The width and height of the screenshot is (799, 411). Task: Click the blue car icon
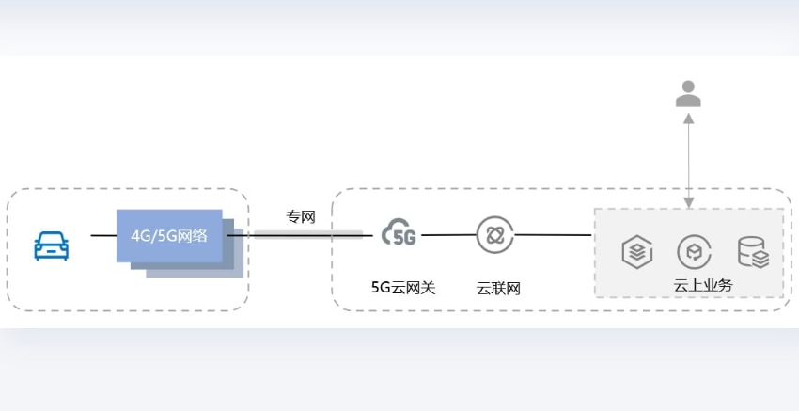click(x=51, y=246)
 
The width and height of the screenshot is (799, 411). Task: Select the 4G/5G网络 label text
click(x=169, y=236)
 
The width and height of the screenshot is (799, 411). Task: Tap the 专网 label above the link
click(x=301, y=217)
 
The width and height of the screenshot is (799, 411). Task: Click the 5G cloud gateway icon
click(x=399, y=232)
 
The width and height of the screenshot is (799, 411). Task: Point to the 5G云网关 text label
click(x=403, y=288)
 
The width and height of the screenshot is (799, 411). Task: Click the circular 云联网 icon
click(x=494, y=234)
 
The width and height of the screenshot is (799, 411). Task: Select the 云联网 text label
click(x=498, y=289)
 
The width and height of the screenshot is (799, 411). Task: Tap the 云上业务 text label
click(x=703, y=286)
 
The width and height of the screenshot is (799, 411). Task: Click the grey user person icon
click(x=688, y=94)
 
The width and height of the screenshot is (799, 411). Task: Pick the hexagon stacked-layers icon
click(x=637, y=252)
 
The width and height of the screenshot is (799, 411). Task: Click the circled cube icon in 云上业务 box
click(x=694, y=251)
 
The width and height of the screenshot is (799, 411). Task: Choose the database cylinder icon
click(x=753, y=252)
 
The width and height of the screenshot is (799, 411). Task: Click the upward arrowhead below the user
click(x=688, y=118)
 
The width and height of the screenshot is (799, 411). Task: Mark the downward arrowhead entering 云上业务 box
click(x=688, y=203)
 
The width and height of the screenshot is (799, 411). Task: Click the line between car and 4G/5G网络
click(x=104, y=235)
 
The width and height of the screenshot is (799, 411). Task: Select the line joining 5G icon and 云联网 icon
click(x=449, y=235)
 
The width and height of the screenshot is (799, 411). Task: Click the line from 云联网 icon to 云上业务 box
click(x=553, y=235)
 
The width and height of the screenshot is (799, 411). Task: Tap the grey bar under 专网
click(x=309, y=234)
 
